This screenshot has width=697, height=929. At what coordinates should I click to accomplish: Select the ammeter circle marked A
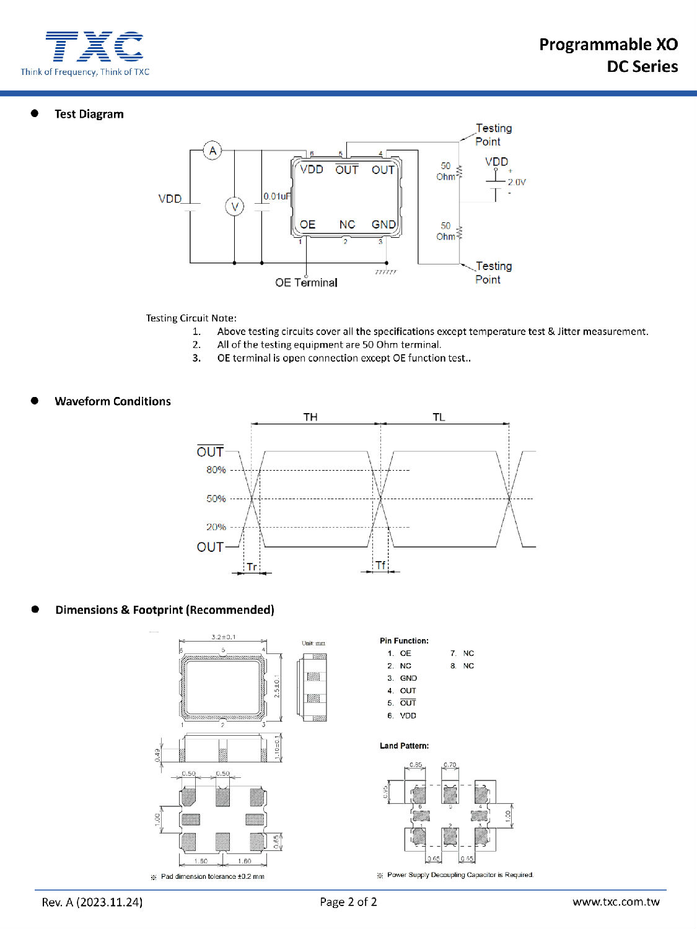point(213,150)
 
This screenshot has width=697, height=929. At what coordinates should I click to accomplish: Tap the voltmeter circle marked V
point(234,206)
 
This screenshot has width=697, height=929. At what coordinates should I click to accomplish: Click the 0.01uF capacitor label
point(277,196)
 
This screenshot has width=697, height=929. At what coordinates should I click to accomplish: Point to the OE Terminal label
point(306,282)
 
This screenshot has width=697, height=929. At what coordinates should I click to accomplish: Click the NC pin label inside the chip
point(347,224)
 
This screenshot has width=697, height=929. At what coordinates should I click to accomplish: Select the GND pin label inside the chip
point(384,224)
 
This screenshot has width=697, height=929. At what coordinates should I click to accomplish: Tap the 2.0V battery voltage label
point(517,182)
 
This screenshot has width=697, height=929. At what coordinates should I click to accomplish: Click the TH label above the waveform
point(310,417)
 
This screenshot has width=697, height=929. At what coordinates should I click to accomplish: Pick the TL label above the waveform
point(439,417)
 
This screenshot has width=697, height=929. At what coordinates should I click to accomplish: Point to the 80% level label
point(216,470)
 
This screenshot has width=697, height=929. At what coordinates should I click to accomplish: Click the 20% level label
point(216,527)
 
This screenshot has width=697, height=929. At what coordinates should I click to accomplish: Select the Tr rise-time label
point(252,567)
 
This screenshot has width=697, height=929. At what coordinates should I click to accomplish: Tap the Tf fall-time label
point(380,565)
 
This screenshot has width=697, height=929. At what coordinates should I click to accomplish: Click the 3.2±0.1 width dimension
point(223,637)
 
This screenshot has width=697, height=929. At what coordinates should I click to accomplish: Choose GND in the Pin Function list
point(408,678)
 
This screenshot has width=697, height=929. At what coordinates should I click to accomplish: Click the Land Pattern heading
point(404,746)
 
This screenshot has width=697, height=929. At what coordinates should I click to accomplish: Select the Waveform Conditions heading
point(113,401)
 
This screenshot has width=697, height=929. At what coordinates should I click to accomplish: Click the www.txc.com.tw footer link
point(616,902)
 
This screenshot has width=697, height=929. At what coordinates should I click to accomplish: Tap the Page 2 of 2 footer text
point(348,902)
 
